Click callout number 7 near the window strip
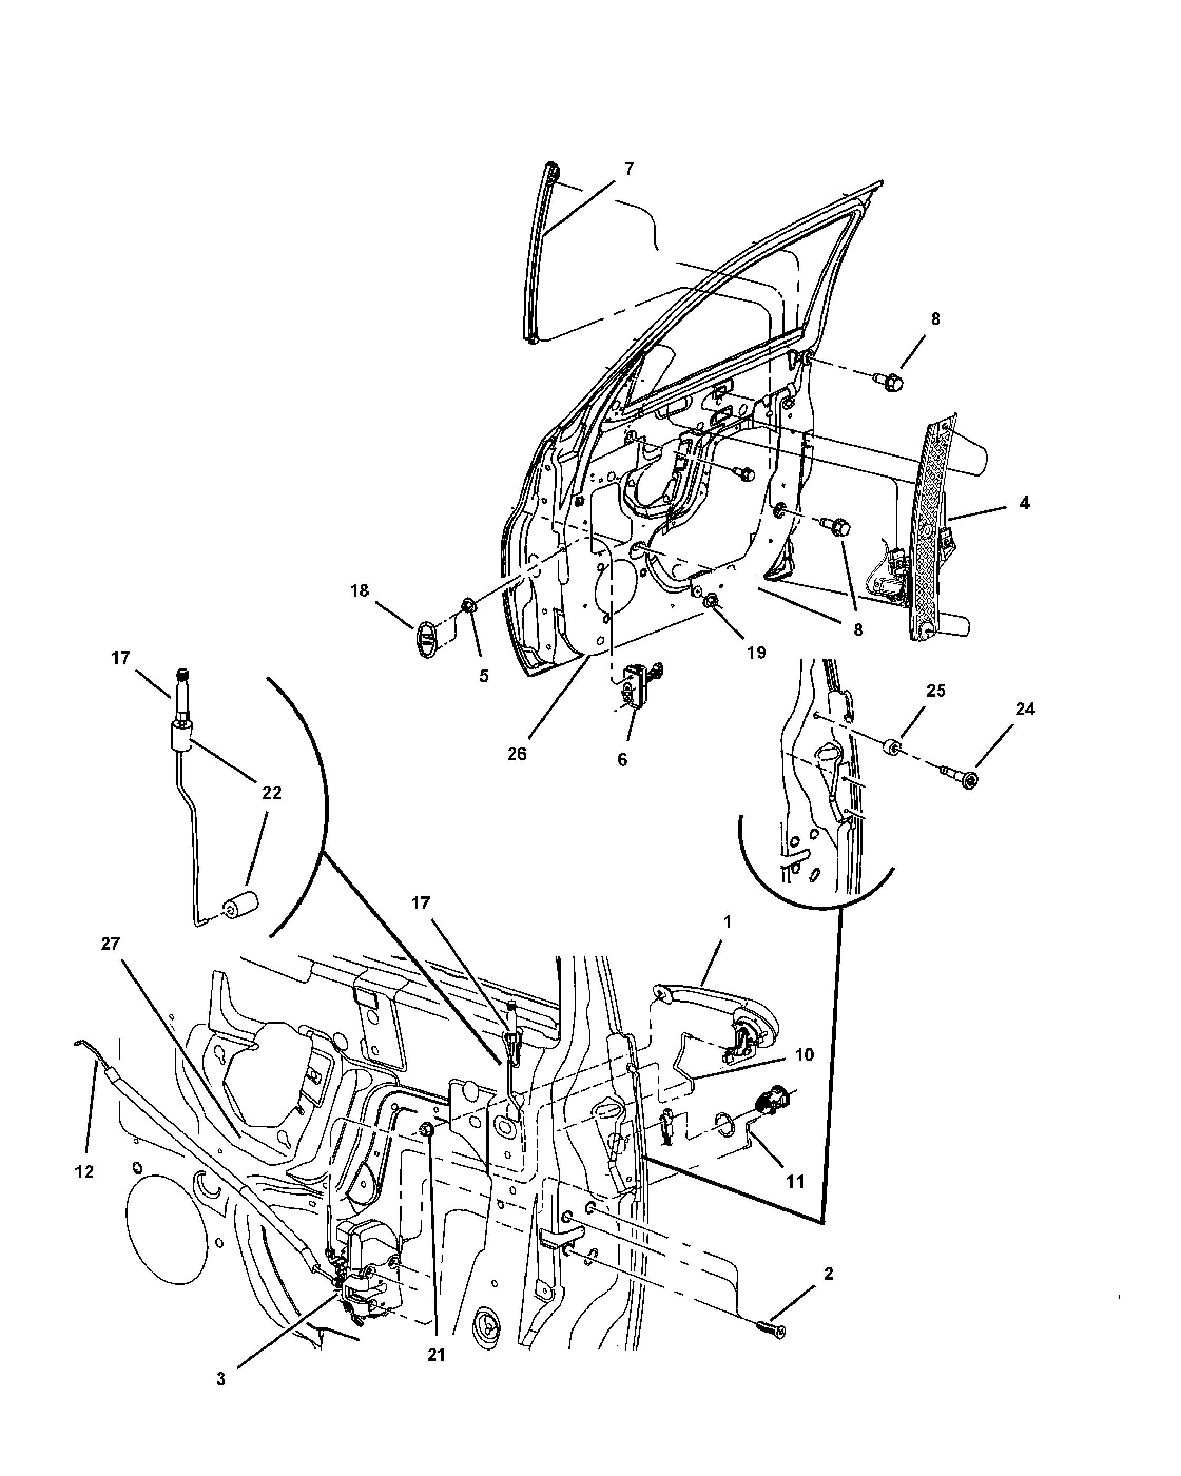click(628, 168)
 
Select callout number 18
click(360, 590)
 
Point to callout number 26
click(517, 754)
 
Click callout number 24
click(1025, 709)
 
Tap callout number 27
click(110, 944)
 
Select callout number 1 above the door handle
click(727, 922)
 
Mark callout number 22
click(272, 793)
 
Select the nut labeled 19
click(710, 601)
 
